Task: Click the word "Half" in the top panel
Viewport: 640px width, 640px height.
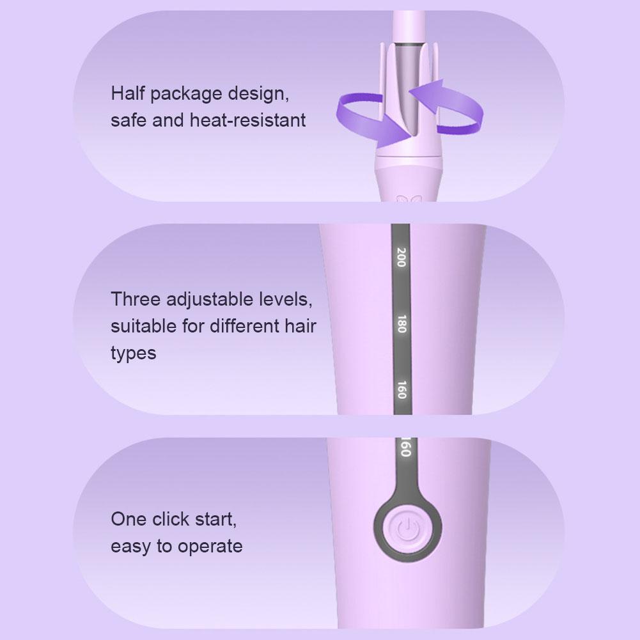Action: click(x=128, y=93)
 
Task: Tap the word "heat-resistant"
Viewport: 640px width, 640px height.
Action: click(x=248, y=120)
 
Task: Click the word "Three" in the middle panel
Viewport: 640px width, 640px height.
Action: click(x=136, y=299)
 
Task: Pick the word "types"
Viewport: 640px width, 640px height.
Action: click(x=134, y=354)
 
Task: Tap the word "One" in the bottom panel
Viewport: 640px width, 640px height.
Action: click(x=129, y=519)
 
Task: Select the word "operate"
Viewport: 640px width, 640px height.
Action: click(x=210, y=547)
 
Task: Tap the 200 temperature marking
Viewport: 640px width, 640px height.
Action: click(x=402, y=257)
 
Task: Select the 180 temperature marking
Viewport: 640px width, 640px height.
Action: click(x=402, y=324)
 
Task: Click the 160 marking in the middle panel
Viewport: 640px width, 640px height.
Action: click(x=402, y=389)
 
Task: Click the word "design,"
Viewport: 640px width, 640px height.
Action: click(x=258, y=95)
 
